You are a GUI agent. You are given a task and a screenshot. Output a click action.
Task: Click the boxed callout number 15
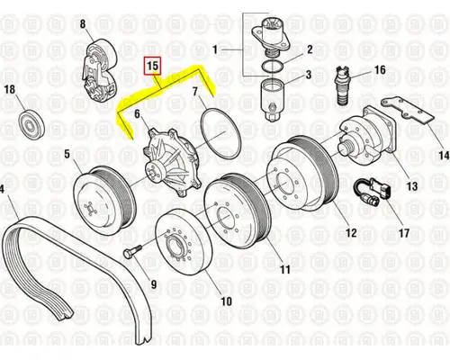click(153, 66)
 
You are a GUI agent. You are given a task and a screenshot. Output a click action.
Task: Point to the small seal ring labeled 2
click(271, 59)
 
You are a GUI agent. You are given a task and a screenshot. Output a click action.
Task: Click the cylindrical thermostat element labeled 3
click(271, 95)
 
